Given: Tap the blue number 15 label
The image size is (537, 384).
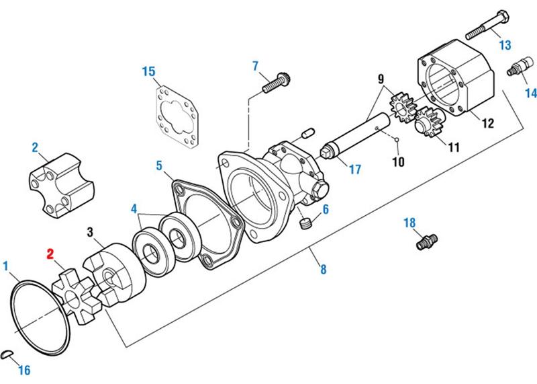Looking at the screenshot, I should coord(149,71).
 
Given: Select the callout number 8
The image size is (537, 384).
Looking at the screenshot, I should coord(323,270).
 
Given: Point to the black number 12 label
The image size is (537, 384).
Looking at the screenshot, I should coord(487,123).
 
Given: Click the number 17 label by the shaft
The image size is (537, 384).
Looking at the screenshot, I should coord(354,170).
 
